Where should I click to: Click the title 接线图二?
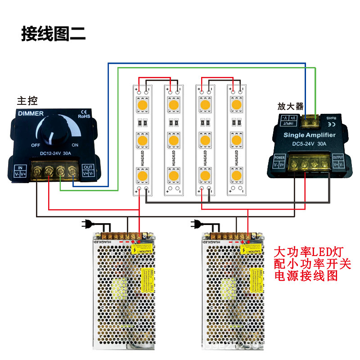click(x=53, y=34)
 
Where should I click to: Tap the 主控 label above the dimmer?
click(x=27, y=100)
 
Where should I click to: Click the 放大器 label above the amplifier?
click(x=290, y=107)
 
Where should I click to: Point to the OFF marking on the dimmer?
click(x=36, y=145)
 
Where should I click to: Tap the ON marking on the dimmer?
click(x=75, y=145)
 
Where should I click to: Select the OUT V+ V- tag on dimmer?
click(x=88, y=170)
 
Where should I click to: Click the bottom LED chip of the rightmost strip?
click(x=236, y=174)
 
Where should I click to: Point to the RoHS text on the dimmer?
click(x=85, y=116)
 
